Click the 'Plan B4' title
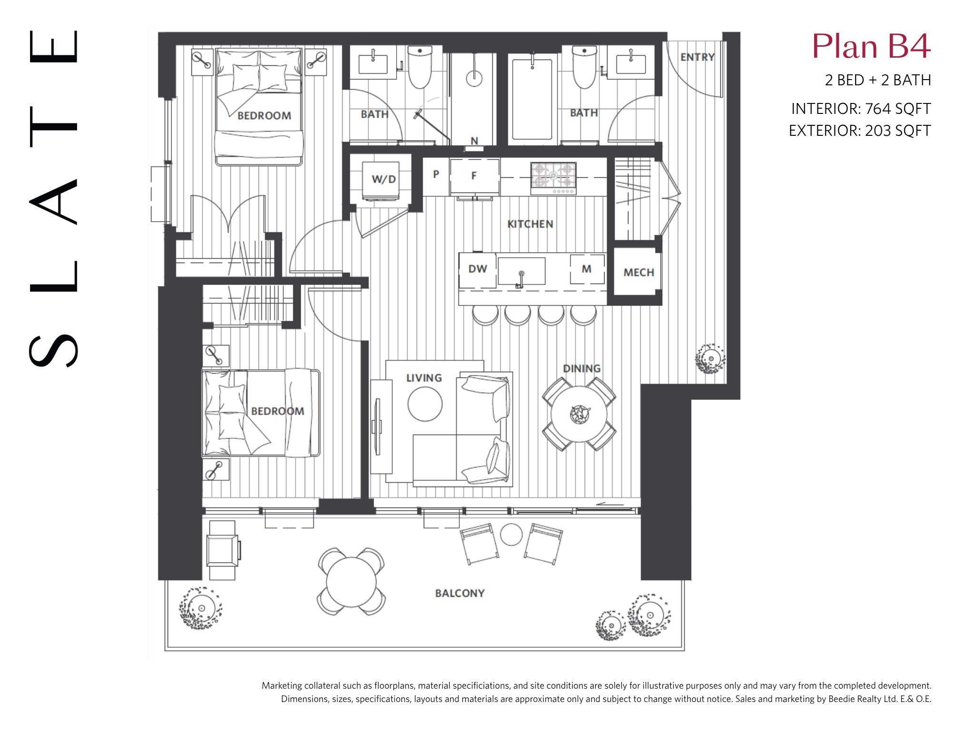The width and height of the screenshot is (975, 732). tap(871, 47)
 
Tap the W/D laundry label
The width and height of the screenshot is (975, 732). tap(384, 179)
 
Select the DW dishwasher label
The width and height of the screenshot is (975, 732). tap(478, 269)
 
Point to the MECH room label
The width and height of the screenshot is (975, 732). tap(638, 273)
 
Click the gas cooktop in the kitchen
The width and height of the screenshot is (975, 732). tap(554, 178)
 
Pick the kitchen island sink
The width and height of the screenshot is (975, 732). tap(521, 271)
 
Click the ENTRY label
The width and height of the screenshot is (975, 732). tap(697, 57)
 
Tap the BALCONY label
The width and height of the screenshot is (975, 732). tap(459, 593)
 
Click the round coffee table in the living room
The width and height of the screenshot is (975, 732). tap(425, 404)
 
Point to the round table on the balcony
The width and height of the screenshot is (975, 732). tap(351, 581)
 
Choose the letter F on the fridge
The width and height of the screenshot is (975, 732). tap(474, 175)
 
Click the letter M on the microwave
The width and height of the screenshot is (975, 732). tap(587, 269)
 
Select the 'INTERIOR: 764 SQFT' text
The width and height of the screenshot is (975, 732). tap(861, 109)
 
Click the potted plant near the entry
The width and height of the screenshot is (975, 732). tap(710, 358)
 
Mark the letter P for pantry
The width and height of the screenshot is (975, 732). tap(436, 174)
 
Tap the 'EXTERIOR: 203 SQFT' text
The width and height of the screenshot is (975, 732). tap(860, 131)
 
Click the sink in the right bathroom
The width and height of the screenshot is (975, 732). tap(631, 64)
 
